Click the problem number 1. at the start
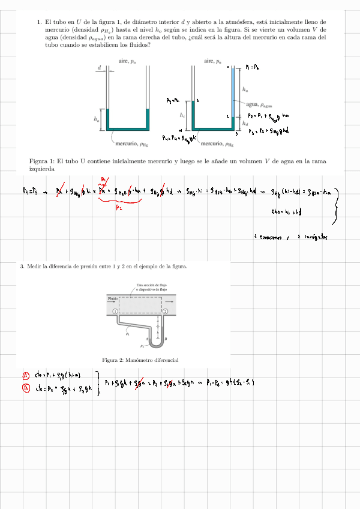click(x=39, y=22)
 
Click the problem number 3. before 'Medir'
click(x=22, y=266)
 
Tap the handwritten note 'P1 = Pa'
click(x=253, y=68)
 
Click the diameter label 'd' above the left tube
click(x=99, y=68)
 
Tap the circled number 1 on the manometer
click(x=115, y=312)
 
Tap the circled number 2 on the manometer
click(x=165, y=312)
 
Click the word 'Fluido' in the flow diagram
click(x=113, y=298)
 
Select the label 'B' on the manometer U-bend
click(x=165, y=340)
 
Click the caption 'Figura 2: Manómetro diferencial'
click(x=140, y=360)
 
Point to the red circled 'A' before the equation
click(x=26, y=376)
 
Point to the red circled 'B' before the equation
click(x=26, y=388)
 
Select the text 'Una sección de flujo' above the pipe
click(x=151, y=285)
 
